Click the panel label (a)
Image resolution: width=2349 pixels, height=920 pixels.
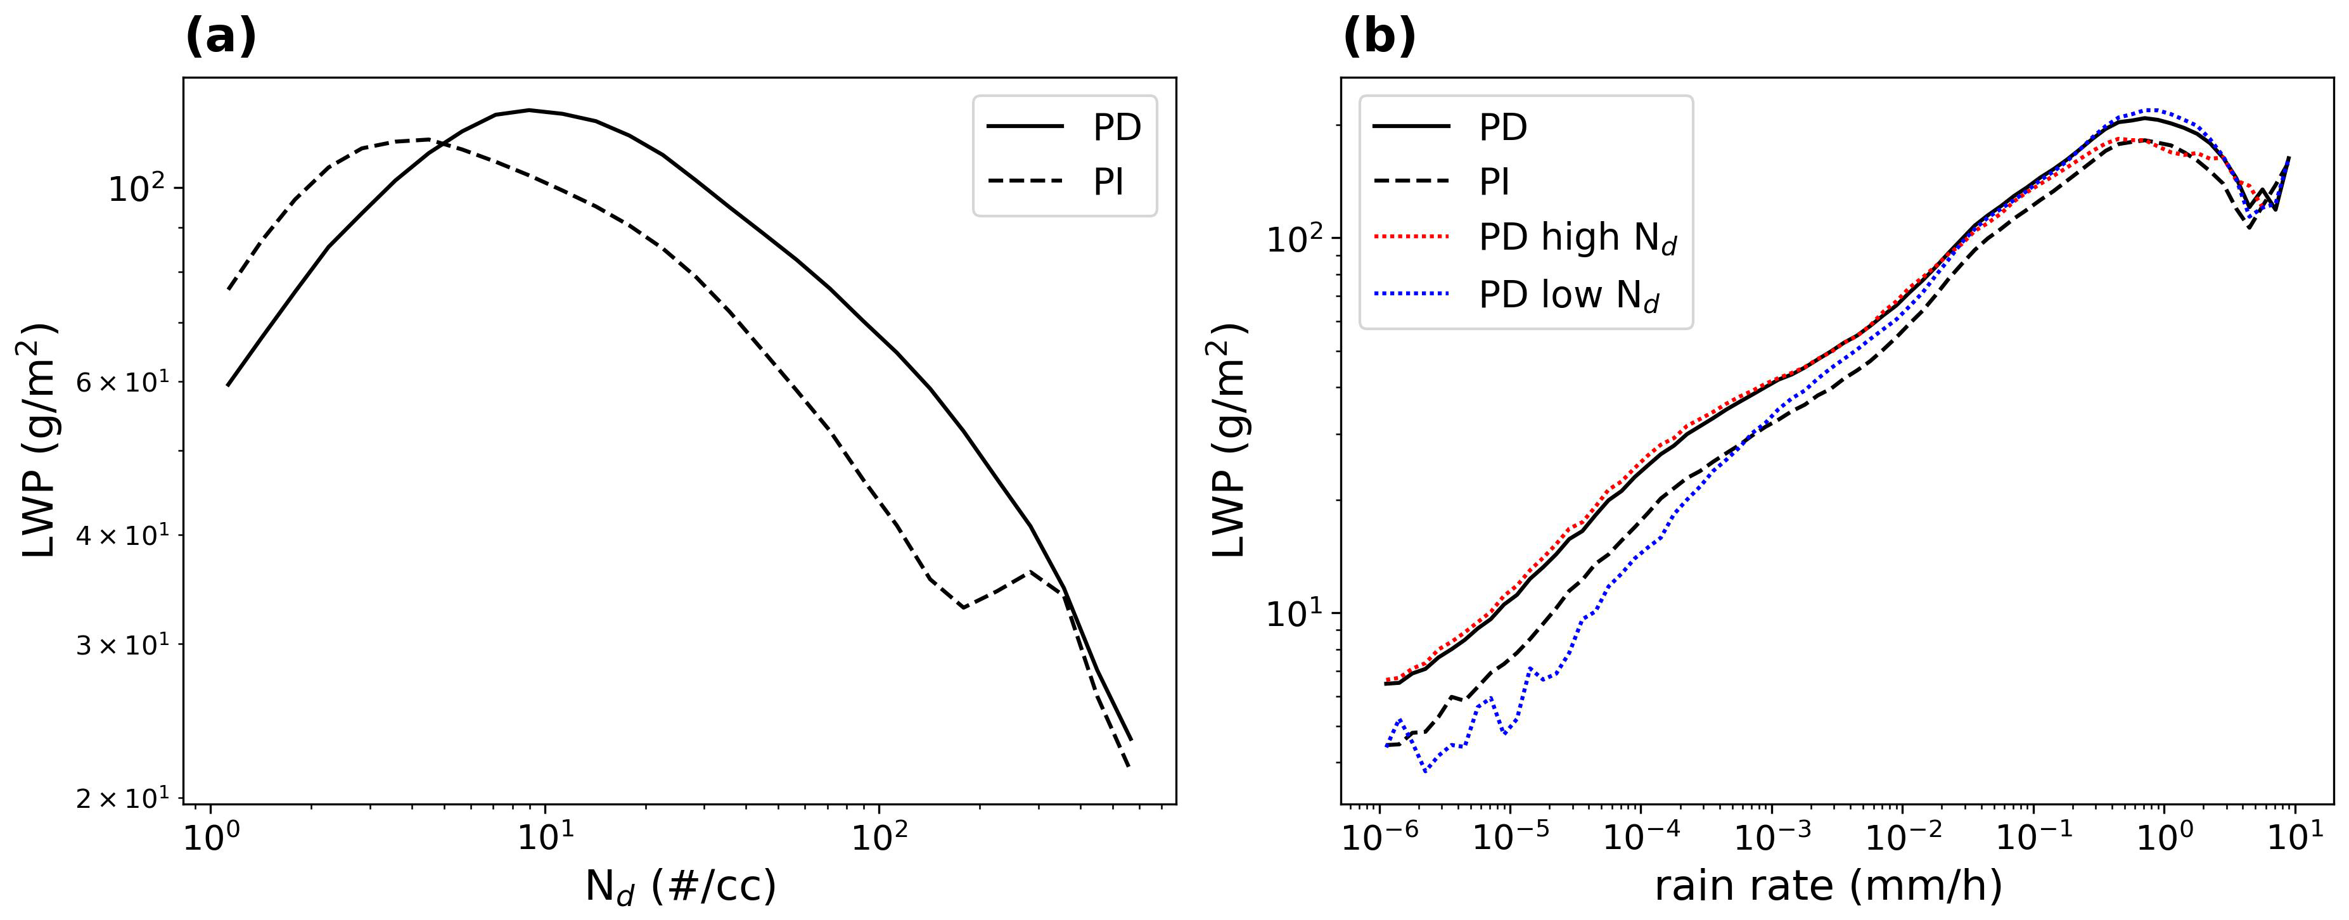click(x=221, y=37)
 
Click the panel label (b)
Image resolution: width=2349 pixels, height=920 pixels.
click(x=1379, y=37)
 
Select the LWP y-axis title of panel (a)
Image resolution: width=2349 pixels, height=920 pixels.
click(x=38, y=440)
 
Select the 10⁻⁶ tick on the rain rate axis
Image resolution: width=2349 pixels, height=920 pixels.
click(x=1379, y=837)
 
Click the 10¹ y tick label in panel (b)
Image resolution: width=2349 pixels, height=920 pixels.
click(x=1293, y=613)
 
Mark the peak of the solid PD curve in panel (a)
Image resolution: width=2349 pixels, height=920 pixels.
click(x=530, y=110)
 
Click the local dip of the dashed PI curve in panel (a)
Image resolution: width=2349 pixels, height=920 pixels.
click(x=963, y=607)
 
